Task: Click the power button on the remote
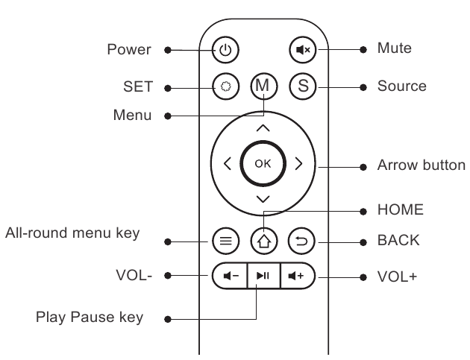[x=225, y=50]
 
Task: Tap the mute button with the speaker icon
[x=303, y=50]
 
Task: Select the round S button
[x=303, y=86]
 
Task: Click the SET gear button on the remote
[x=225, y=86]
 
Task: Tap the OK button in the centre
[x=263, y=163]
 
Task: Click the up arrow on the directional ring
[x=263, y=128]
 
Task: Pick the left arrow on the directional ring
[x=228, y=163]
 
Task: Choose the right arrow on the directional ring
[x=298, y=163]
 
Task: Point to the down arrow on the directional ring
[x=263, y=199]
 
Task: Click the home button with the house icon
[x=264, y=241]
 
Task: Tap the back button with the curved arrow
[x=301, y=241]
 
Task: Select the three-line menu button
[x=225, y=241]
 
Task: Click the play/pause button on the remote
[x=263, y=276]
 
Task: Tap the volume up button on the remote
[x=298, y=276]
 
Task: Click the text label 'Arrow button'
[x=422, y=165]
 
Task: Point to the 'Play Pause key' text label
[x=90, y=318]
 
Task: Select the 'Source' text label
[x=401, y=86]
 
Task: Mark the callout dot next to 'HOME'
[x=363, y=212]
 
